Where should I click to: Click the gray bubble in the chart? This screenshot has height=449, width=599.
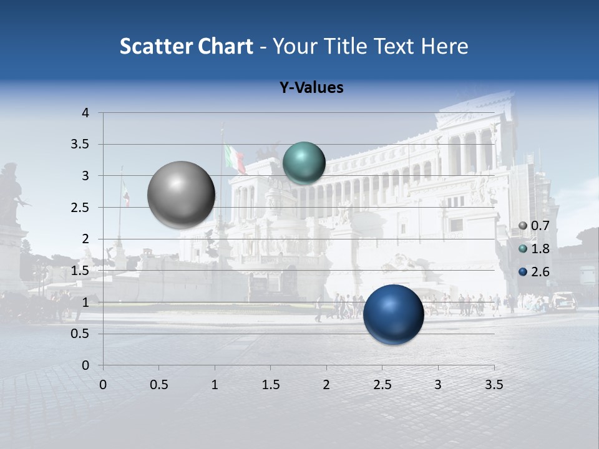182,195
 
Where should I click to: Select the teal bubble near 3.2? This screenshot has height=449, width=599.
304,163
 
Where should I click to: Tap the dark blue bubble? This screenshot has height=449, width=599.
394,314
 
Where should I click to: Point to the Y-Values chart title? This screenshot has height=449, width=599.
311,88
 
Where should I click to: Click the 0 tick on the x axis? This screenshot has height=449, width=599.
104,385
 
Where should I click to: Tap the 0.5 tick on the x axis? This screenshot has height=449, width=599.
158,385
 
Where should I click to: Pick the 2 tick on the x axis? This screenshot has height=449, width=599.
326,385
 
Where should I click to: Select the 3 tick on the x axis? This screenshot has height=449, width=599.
438,385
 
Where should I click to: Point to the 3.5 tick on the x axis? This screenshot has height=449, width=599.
494,385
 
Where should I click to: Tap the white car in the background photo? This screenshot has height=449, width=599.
563,301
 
